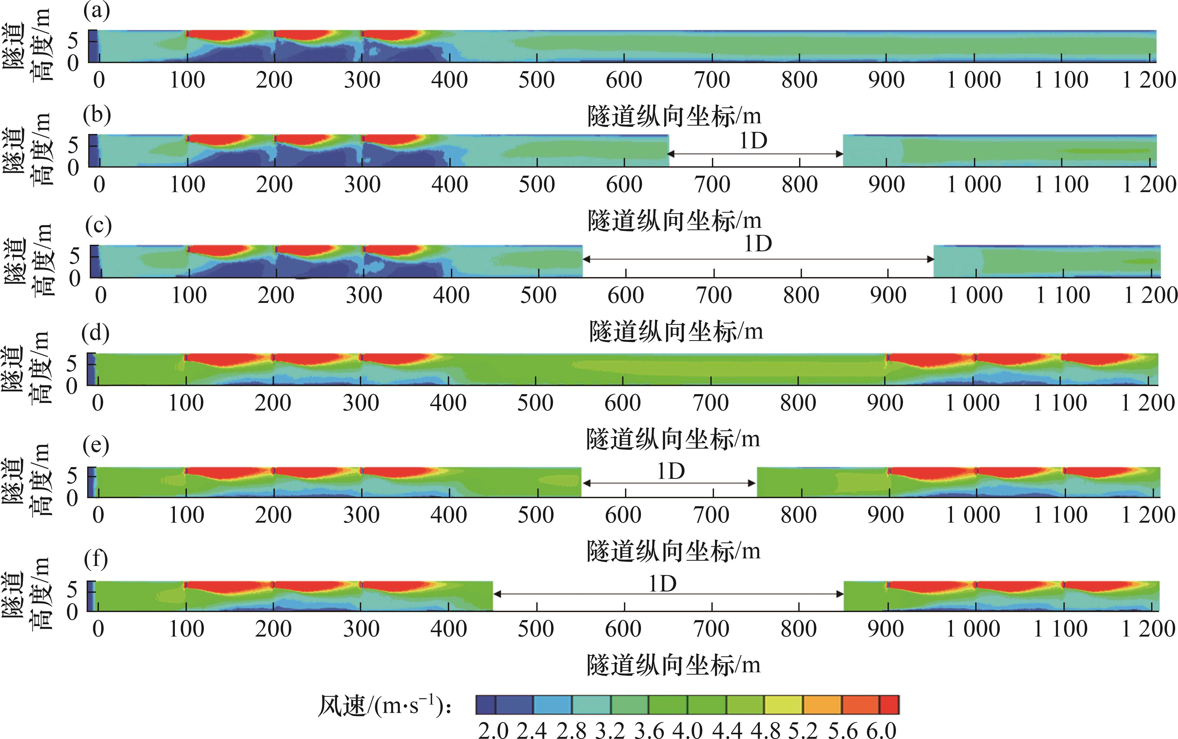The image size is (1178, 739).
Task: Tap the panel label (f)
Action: [x=96, y=559]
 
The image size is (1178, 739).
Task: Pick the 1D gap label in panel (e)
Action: [x=671, y=472]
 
